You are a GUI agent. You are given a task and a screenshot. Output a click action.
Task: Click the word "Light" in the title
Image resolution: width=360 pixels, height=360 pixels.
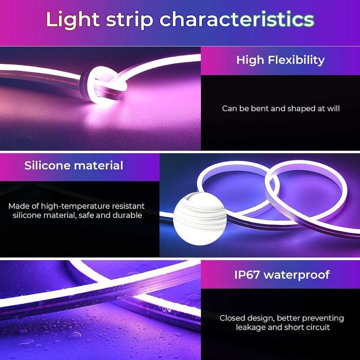pyautogui.click(x=72, y=20)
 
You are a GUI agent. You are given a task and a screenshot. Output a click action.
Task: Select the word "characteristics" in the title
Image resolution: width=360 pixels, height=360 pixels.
pyautogui.click(x=237, y=20)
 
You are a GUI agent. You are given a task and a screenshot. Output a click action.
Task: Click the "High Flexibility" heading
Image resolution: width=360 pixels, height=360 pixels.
pyautogui.click(x=280, y=60)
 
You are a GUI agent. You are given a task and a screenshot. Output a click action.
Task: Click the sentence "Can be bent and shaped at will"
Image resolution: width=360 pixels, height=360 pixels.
pyautogui.click(x=281, y=108)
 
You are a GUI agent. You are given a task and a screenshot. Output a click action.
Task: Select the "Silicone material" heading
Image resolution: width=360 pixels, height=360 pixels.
pyautogui.click(x=74, y=166)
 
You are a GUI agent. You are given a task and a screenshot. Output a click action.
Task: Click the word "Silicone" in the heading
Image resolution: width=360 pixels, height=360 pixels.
pyautogui.click(x=47, y=166)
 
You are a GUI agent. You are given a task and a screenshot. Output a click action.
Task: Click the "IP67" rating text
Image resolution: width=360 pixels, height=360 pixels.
pyautogui.click(x=247, y=275)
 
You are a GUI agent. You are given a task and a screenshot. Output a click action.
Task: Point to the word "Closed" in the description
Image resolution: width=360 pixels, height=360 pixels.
pyautogui.click(x=232, y=318)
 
